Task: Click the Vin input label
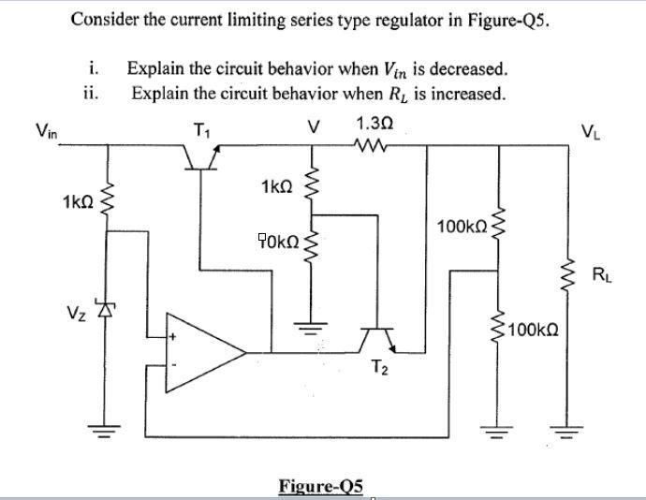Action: tap(46, 132)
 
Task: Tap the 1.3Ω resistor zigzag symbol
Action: tap(374, 145)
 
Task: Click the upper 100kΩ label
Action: tap(459, 228)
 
